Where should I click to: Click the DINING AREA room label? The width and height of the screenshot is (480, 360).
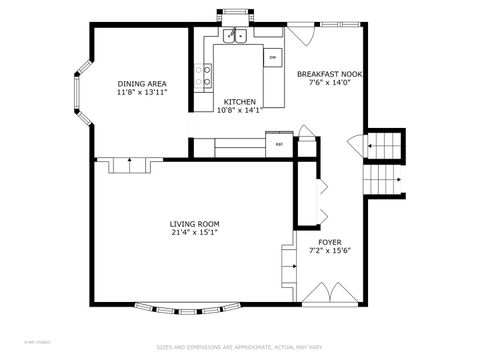141,84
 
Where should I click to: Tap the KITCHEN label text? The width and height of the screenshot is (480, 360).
239,102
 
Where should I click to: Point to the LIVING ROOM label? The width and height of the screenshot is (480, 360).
194,224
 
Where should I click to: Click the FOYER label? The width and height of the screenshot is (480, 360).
330,242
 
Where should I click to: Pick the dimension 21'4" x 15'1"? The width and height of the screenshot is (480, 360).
194,233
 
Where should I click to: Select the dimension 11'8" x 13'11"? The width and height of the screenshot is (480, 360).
141,92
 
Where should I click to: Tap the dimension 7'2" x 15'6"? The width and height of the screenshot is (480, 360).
330,251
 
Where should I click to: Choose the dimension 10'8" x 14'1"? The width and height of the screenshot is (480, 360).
239,111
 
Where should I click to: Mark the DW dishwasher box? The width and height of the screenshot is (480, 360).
272,57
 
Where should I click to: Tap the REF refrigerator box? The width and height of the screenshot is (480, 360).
279,143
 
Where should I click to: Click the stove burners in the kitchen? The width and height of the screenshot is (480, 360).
208,71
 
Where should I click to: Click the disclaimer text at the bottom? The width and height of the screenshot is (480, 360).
239,348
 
